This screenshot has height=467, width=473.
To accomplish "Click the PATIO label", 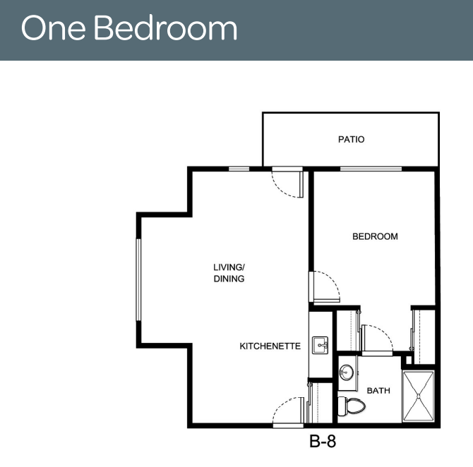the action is tap(351, 139).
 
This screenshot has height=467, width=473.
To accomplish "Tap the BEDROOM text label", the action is tap(375, 236).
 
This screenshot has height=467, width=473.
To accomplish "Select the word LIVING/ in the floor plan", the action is tap(229, 267).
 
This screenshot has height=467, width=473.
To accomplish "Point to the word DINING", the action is tap(229, 279).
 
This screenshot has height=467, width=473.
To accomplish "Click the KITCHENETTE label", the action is tap(270, 346).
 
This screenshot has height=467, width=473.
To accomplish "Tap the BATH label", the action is tap(378, 391).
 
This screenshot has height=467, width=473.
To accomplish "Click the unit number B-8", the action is tap(323, 442).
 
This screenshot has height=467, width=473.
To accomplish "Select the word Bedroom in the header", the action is tap(166, 28).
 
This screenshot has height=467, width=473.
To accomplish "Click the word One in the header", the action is tap(53, 28).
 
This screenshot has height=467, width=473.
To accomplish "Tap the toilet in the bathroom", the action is tap(351, 406).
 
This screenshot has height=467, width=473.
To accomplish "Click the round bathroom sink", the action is tap(347, 372).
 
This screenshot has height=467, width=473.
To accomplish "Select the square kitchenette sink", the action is tap(320, 345).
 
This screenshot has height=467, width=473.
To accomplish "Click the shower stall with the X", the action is tap(419, 396).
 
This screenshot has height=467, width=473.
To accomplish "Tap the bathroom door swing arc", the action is tap(383, 332).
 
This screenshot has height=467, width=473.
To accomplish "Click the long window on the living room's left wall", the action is tap(138, 279).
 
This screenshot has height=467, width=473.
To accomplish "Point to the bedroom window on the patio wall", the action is tap(371, 169).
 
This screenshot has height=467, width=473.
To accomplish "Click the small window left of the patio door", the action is tap(239, 169).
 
